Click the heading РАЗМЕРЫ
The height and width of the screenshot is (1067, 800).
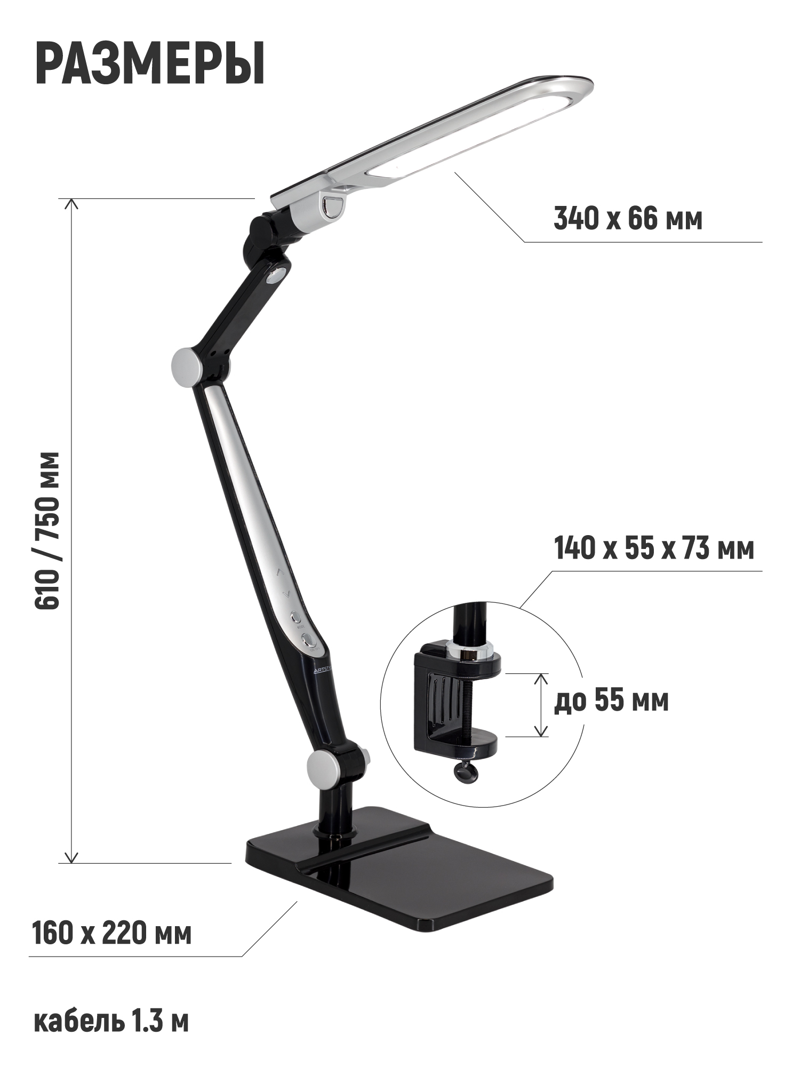click(150, 63)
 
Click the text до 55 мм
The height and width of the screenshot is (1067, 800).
click(611, 701)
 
